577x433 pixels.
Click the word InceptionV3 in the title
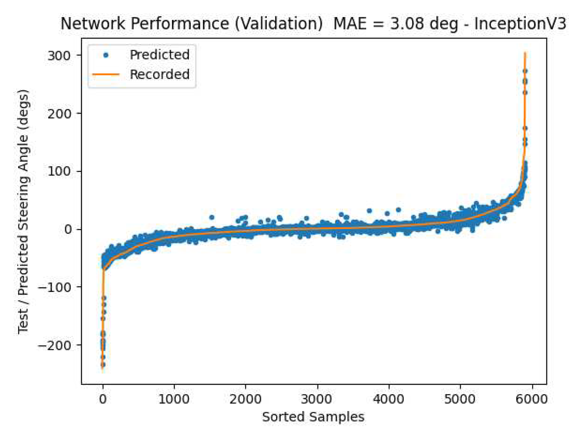520,24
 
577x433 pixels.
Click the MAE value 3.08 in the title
407,24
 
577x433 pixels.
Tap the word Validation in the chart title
278,24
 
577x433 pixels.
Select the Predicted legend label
159,55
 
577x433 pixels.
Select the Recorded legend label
159,74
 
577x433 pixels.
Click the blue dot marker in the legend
106,55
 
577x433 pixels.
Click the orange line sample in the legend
106,75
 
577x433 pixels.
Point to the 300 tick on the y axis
59,55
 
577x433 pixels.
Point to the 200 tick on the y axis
59,114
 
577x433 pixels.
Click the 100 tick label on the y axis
59,171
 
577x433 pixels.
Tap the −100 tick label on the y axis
54,287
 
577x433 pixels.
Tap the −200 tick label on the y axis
54,346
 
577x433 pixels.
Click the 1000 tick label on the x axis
174,399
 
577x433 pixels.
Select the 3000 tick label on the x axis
317,399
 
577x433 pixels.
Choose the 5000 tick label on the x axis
460,399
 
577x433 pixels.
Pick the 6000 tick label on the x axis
532,399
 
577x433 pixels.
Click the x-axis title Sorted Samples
313,417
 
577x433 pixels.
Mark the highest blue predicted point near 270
525,71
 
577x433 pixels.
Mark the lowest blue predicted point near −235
103,365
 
